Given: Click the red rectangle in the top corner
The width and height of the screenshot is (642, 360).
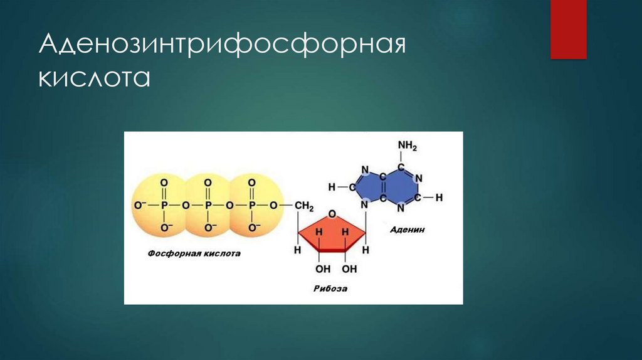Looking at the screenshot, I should point(568,29).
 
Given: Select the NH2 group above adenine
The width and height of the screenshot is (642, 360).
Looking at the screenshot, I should point(407,146).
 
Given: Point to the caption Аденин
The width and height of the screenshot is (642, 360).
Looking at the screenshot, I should point(407,230).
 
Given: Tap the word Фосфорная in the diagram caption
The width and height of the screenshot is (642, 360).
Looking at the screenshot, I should point(171,254).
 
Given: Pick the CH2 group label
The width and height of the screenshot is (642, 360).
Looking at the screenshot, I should point(305,205).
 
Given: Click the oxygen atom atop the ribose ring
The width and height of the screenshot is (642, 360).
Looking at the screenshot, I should point(332,213).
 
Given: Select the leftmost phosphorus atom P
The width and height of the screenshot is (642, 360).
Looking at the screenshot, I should point(164,205).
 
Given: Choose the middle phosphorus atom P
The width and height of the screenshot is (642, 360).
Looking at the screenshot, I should point(208,205).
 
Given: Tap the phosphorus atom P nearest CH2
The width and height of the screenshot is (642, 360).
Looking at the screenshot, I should point(251,205).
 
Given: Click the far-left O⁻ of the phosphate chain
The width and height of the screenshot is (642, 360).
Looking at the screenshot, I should point(139,205).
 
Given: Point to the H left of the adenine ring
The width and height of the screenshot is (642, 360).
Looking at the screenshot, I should point(332,187).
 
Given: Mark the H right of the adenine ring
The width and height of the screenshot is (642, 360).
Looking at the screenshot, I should point(439,197).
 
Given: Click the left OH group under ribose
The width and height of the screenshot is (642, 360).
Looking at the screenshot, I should point(323,269).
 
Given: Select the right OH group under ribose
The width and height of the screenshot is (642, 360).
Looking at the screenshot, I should point(349,269).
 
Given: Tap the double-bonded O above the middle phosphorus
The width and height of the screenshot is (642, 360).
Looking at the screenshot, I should point(208,182).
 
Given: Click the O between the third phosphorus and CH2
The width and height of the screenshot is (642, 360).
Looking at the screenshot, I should point(273,205).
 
